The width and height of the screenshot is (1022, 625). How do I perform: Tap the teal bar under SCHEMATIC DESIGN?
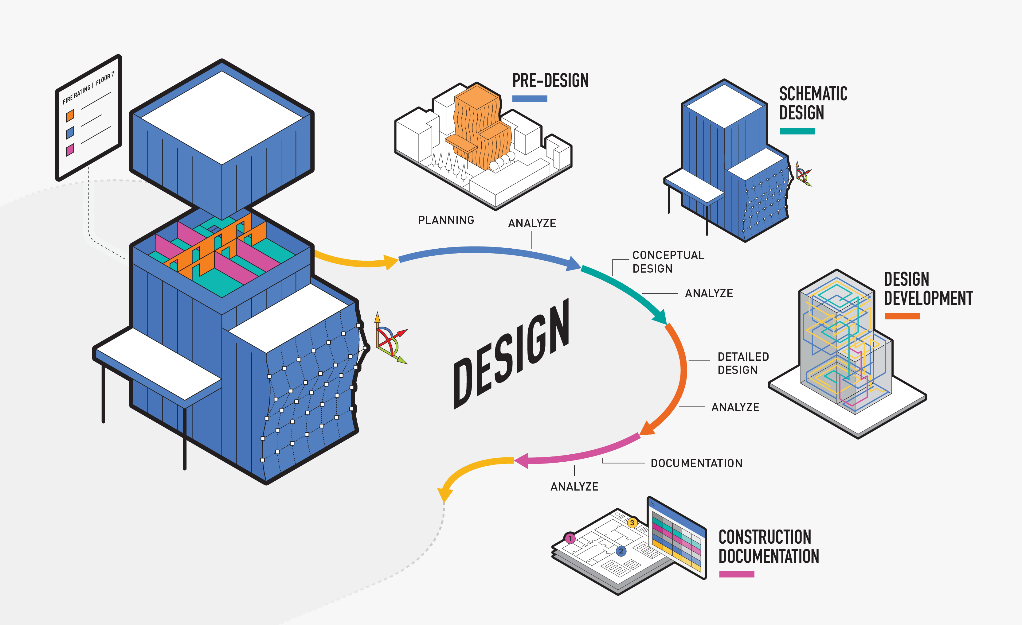click(x=797, y=131)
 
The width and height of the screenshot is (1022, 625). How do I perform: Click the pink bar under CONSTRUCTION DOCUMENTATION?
click(x=736, y=574)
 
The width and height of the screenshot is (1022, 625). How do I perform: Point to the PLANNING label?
click(x=446, y=220)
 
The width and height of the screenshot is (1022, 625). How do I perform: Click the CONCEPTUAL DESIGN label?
click(x=668, y=262)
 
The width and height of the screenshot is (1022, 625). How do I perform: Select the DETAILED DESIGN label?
click(x=743, y=363)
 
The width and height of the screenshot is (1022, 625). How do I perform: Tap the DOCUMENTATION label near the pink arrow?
click(x=696, y=463)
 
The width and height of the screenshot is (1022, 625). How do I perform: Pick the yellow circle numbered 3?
click(x=632, y=523)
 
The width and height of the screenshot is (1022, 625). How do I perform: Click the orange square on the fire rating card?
click(x=70, y=115)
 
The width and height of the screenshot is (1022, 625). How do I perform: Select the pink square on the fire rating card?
click(x=70, y=149)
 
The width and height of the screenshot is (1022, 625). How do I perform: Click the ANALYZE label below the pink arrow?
click(x=574, y=487)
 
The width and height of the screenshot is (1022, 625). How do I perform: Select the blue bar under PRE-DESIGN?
click(x=529, y=99)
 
